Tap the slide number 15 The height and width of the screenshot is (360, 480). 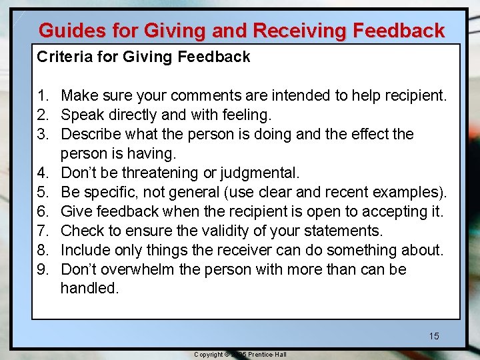(434, 336)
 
